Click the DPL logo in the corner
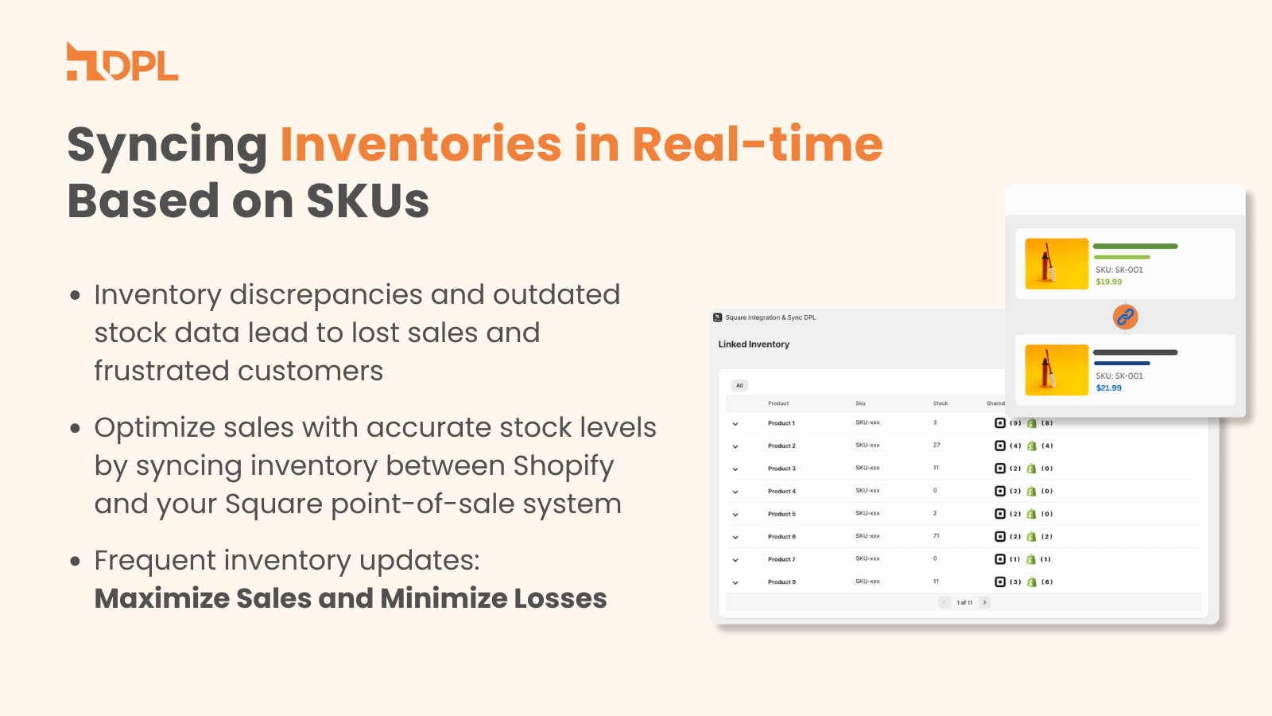pyautogui.click(x=122, y=62)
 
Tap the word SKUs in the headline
pyautogui.click(x=367, y=200)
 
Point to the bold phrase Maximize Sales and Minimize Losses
pyautogui.click(x=351, y=598)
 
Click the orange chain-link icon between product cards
pyautogui.click(x=1125, y=317)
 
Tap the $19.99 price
pyautogui.click(x=1109, y=282)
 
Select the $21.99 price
pyautogui.click(x=1109, y=388)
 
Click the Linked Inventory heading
pyautogui.click(x=754, y=344)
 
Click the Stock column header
pyautogui.click(x=940, y=403)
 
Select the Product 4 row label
pyautogui.click(x=781, y=491)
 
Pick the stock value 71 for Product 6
pyautogui.click(x=937, y=536)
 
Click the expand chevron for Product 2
pyautogui.click(x=735, y=446)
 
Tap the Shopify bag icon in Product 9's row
pyautogui.click(x=1031, y=582)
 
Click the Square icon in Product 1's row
pyautogui.click(x=1000, y=423)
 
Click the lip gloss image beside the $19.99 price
pyautogui.click(x=1057, y=263)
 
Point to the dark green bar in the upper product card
pyautogui.click(x=1135, y=247)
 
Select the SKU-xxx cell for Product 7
pyautogui.click(x=867, y=559)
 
